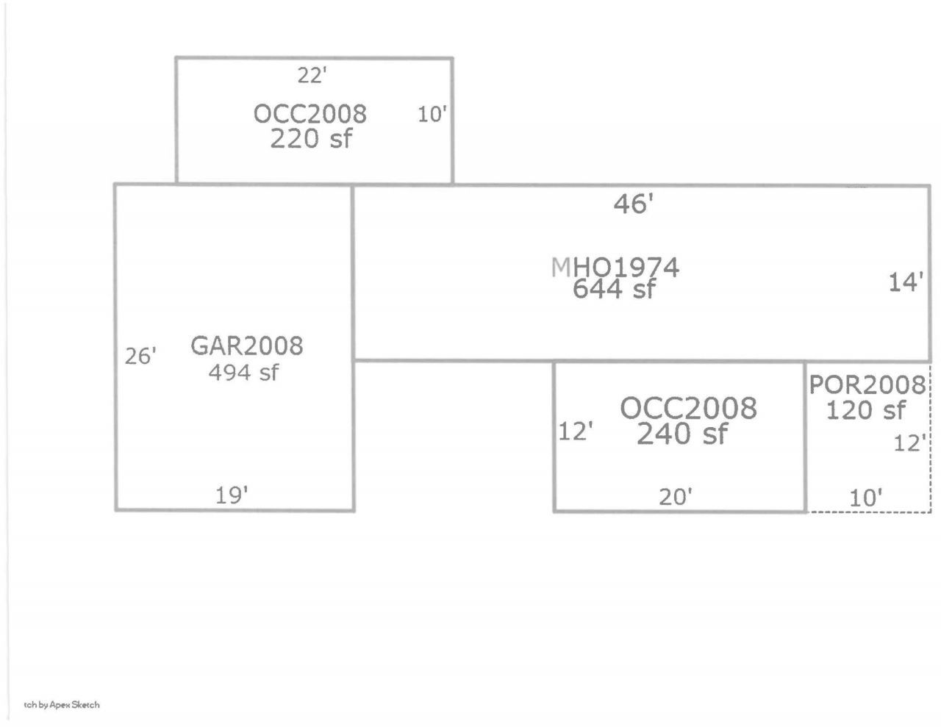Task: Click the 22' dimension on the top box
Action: [x=312, y=76]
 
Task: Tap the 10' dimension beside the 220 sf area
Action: [x=432, y=115]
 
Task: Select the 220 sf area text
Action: [x=311, y=138]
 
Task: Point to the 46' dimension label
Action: [x=633, y=204]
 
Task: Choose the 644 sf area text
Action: [x=614, y=289]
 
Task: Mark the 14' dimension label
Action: [x=906, y=282]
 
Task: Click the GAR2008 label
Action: [x=247, y=346]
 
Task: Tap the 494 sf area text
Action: [x=243, y=373]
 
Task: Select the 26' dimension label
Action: [x=140, y=357]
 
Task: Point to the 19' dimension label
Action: [x=232, y=495]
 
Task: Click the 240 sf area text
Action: [x=682, y=434]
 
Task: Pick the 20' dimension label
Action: [x=676, y=497]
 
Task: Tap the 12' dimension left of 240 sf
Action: [x=576, y=431]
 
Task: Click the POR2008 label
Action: [x=867, y=385]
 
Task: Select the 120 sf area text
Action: [x=866, y=410]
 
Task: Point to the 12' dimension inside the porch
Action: [x=910, y=443]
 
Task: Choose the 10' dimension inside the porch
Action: [x=866, y=498]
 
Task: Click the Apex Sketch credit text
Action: [x=62, y=705]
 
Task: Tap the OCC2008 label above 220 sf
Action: [x=310, y=114]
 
